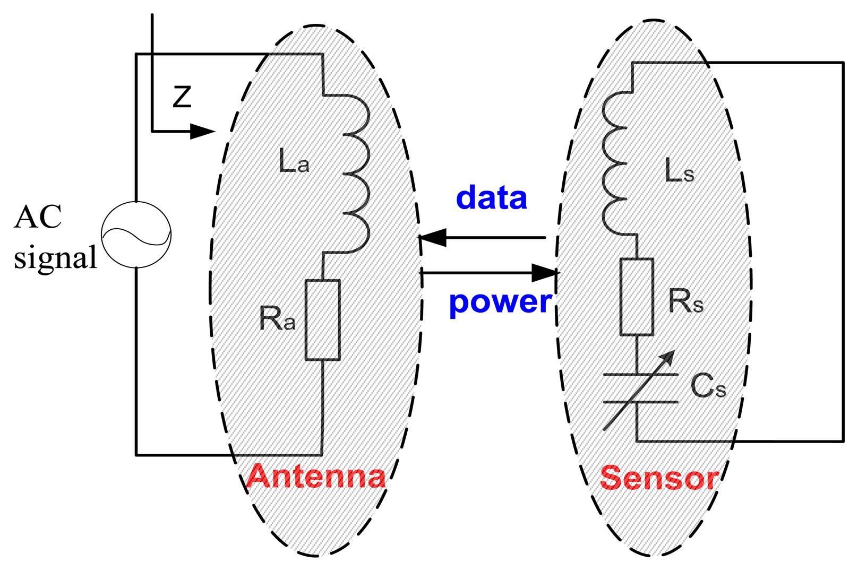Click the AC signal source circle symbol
(136, 234)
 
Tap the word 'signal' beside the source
(55, 258)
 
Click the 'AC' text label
(38, 217)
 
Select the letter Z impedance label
(182, 97)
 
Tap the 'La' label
(294, 161)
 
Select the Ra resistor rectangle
(322, 320)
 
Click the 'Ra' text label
(277, 319)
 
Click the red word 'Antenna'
(316, 476)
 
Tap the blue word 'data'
(492, 198)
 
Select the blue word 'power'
(500, 302)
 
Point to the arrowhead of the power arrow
(545, 273)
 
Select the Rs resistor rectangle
(637, 297)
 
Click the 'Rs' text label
(685, 301)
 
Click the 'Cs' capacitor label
(708, 386)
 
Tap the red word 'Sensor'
(659, 478)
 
